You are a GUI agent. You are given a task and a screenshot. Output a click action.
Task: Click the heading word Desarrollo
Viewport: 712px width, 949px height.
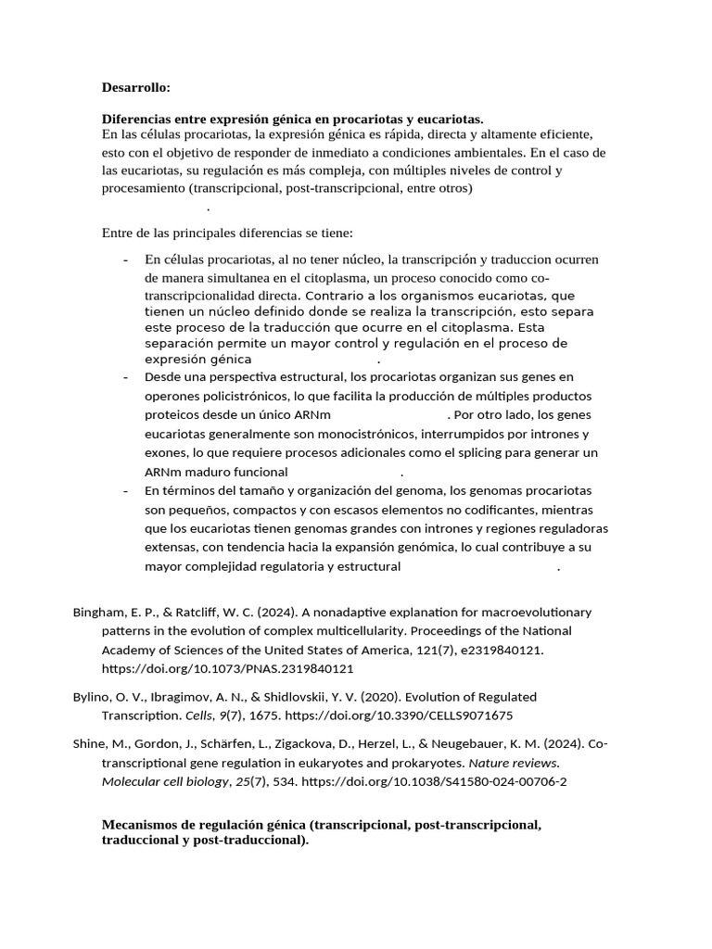(135, 87)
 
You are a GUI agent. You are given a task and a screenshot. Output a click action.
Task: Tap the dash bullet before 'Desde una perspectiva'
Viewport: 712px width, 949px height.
(125, 377)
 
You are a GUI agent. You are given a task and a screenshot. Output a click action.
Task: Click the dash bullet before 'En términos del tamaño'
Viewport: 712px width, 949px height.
(125, 490)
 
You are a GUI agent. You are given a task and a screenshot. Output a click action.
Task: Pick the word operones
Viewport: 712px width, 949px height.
(173, 396)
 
